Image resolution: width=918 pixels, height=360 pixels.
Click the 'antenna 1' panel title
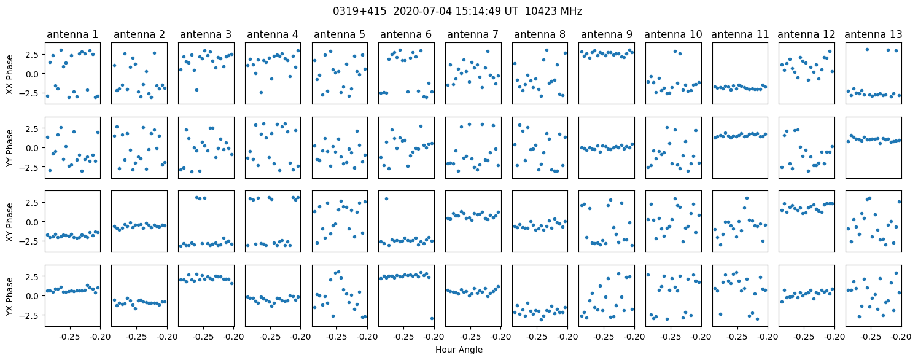click(72, 34)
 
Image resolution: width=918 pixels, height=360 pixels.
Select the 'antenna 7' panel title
click(473, 34)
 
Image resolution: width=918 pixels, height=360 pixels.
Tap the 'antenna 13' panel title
click(873, 34)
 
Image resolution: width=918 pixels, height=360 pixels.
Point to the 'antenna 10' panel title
click(673, 34)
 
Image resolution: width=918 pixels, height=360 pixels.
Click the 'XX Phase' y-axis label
click(9, 74)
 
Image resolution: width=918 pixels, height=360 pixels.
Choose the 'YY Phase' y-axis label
click(9, 148)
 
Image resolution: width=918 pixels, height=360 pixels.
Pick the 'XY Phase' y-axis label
click(9, 222)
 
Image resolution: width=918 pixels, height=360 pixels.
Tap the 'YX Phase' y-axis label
click(9, 296)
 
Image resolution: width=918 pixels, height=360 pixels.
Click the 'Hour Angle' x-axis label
click(459, 350)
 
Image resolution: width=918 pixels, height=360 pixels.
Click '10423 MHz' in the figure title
click(553, 11)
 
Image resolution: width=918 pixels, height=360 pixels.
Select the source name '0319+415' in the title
click(359, 11)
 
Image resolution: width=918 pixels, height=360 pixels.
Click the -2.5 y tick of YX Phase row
click(31, 315)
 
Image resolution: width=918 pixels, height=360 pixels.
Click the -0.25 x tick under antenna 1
click(70, 337)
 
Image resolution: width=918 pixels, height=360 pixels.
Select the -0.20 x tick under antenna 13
click(901, 337)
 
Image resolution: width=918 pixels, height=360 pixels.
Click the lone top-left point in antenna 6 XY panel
click(386, 199)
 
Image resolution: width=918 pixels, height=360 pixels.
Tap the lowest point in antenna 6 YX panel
click(432, 318)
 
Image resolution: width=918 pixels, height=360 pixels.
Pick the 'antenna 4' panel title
click(273, 34)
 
